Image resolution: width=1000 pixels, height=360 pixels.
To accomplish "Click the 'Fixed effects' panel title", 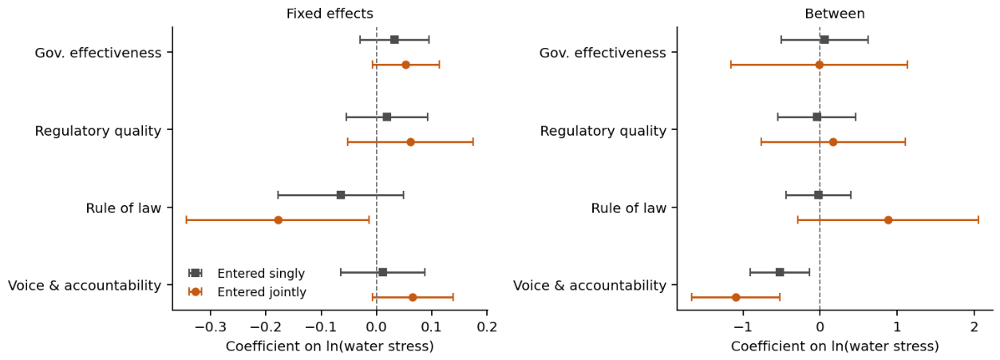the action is (x=330, y=14).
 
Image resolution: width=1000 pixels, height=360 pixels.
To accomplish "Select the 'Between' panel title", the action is (x=834, y=14).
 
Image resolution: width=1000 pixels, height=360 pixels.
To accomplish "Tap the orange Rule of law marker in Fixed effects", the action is (x=278, y=220).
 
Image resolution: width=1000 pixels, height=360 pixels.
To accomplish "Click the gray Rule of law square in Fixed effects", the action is (x=341, y=195).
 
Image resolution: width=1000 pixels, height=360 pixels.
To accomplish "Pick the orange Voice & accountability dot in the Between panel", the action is (x=736, y=297).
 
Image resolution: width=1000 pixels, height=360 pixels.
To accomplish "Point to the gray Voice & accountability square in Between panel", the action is (x=780, y=272).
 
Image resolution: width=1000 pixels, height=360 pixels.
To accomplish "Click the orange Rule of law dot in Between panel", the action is (x=888, y=220).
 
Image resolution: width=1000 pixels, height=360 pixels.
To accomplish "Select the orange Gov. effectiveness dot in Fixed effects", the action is (x=405, y=65).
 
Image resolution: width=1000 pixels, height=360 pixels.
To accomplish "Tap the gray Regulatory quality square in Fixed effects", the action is (x=386, y=117).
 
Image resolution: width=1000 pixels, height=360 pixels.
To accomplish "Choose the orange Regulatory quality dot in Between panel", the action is (x=832, y=142).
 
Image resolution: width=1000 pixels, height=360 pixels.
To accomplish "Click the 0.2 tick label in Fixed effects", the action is (x=487, y=327).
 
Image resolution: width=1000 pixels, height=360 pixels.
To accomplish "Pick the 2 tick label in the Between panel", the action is (x=974, y=327).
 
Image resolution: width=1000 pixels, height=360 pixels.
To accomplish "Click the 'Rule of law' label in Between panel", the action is (x=629, y=208).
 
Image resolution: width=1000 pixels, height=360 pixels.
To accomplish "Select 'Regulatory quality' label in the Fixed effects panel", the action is (x=98, y=131).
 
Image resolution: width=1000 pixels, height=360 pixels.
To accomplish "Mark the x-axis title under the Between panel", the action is (x=835, y=346).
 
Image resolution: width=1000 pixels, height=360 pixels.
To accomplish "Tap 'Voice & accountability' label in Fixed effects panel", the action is (x=85, y=286).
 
